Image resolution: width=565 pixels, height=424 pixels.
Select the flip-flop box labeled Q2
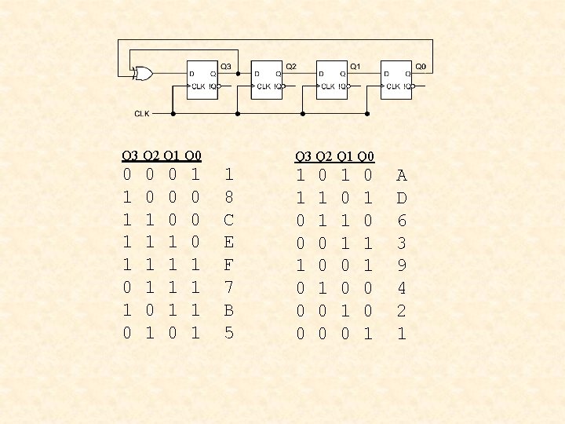click(x=268, y=79)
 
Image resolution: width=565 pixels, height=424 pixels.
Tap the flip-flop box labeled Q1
click(x=333, y=79)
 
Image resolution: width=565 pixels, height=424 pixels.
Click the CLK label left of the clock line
click(x=141, y=113)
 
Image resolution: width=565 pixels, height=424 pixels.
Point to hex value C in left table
click(x=228, y=220)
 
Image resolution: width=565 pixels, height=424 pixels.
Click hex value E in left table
click(x=228, y=243)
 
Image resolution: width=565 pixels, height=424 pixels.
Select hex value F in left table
click(x=228, y=265)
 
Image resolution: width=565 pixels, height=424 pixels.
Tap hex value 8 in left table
click(x=228, y=197)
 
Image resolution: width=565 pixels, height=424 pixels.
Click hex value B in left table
click(x=228, y=310)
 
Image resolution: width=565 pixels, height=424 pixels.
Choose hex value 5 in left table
click(x=228, y=333)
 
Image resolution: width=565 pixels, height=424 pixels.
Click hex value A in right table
click(x=402, y=175)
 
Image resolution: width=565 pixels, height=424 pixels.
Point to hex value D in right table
click(x=402, y=197)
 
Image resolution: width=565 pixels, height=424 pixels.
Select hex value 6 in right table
click(x=402, y=220)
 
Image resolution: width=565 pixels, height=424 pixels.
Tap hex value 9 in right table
click(x=402, y=265)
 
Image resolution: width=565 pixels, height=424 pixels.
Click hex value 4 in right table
click(x=402, y=288)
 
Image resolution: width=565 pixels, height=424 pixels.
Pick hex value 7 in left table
click(x=228, y=288)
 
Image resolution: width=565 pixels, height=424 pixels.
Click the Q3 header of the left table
click(x=130, y=155)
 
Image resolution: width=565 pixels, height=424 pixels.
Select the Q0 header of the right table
click(x=366, y=157)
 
